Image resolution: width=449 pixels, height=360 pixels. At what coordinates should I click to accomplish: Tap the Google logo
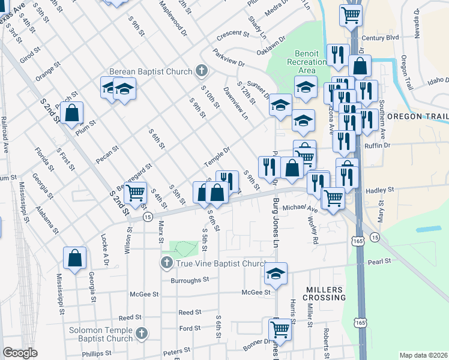[x=20, y=353]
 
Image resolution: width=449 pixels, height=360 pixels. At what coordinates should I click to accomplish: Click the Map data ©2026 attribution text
[x=423, y=355]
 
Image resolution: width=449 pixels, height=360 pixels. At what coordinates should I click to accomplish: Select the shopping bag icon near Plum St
[x=71, y=113]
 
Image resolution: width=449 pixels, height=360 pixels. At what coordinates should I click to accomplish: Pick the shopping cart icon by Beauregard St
[x=136, y=193]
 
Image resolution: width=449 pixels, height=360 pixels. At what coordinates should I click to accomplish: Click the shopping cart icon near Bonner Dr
[x=280, y=329]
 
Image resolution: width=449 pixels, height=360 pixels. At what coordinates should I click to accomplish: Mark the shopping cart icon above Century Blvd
[x=351, y=15]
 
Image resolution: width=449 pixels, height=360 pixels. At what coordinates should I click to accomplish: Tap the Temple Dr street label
[x=216, y=157]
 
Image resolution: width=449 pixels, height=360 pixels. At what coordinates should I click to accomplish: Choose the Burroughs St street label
[x=189, y=280]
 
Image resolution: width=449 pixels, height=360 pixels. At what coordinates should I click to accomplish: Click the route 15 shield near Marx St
[x=147, y=217]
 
